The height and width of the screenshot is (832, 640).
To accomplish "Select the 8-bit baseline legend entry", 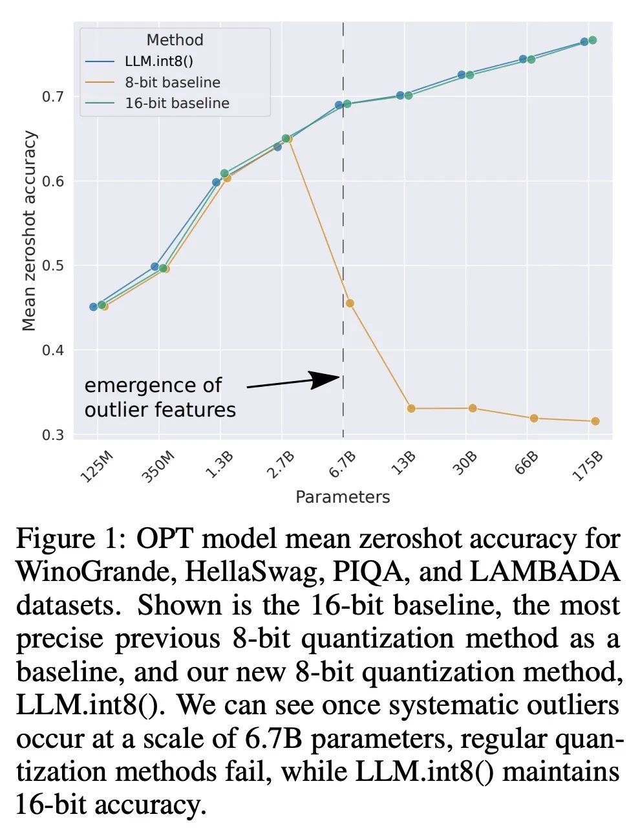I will coord(172,83).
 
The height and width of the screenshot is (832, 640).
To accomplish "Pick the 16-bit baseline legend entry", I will coord(176,104).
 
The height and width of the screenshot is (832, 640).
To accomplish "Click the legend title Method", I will coord(175,40).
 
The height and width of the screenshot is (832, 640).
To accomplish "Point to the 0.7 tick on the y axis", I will coord(53,97).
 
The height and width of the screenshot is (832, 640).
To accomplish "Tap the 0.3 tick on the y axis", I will coord(53,435).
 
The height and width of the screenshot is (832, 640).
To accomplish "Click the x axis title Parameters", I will coord(343,497).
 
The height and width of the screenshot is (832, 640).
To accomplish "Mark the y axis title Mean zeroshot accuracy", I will coord(29,231).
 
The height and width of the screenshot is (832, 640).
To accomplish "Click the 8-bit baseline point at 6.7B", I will coord(350,303).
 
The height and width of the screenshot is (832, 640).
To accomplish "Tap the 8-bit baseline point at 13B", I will coord(411,408).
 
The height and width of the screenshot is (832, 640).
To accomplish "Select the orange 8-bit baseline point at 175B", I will coord(595,421).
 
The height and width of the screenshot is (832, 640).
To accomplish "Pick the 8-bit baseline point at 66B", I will coord(534,419).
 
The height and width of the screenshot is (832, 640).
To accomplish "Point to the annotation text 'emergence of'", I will coord(153,386).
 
